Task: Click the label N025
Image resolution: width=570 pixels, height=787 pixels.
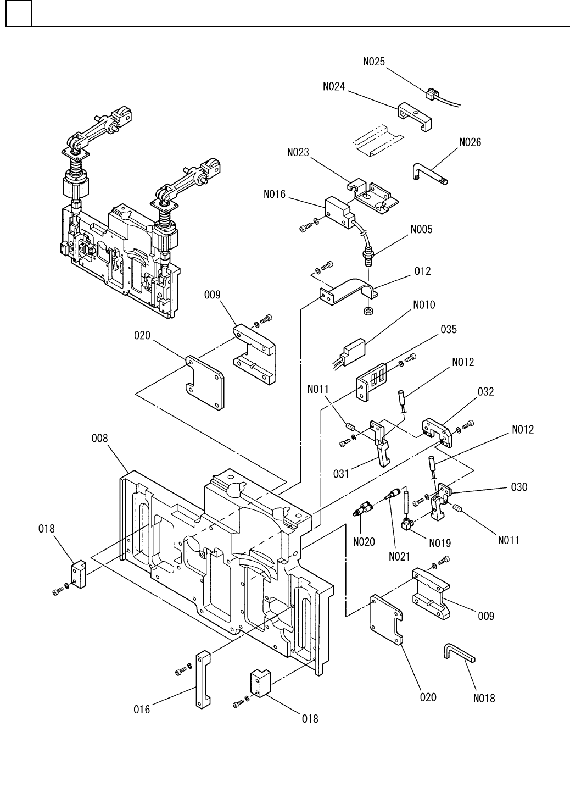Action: (x=374, y=62)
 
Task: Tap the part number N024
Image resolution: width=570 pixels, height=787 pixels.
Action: (x=334, y=86)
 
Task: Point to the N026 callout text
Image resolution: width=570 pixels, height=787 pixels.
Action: (x=470, y=142)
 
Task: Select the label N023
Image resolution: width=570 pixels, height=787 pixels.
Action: (x=298, y=153)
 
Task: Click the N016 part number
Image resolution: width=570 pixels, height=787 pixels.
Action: (x=274, y=193)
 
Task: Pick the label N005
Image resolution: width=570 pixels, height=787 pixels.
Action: (x=421, y=229)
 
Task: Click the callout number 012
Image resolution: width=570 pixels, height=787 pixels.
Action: (x=423, y=271)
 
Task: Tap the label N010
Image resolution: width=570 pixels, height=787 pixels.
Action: (x=424, y=304)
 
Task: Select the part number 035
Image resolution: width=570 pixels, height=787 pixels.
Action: (x=448, y=330)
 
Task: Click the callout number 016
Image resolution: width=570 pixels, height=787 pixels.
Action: (x=142, y=710)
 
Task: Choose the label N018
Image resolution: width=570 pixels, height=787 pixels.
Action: (x=484, y=699)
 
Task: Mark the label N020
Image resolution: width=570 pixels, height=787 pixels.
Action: (x=364, y=542)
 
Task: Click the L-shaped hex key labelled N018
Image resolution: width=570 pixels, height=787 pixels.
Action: (x=459, y=654)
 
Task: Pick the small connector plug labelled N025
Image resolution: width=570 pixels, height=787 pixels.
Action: (x=432, y=94)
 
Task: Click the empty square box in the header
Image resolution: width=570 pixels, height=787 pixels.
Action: (x=19, y=14)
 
